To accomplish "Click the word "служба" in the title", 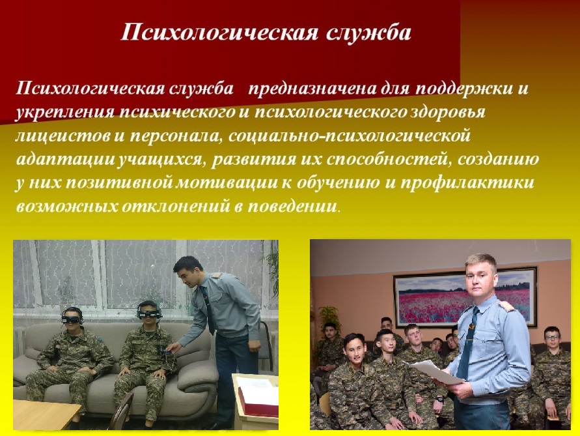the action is (x=369, y=32).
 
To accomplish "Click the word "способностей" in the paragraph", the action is (x=388, y=160).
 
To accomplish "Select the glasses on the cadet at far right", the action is (x=552, y=338).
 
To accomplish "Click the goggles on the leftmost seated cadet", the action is (x=72, y=317).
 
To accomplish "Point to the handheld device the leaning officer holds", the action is (x=164, y=349).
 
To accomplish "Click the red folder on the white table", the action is (x=259, y=403).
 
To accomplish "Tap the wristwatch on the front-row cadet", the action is (x=440, y=400).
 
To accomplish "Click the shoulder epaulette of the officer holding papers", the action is (x=504, y=306).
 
